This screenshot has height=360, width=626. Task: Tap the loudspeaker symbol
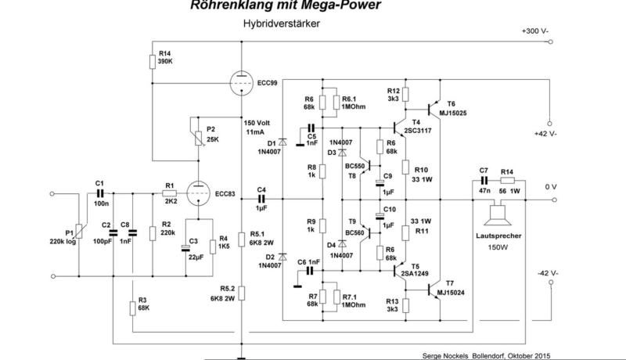point(495,212)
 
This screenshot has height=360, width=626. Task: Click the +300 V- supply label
point(534,31)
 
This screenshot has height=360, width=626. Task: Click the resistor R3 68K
point(131,307)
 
